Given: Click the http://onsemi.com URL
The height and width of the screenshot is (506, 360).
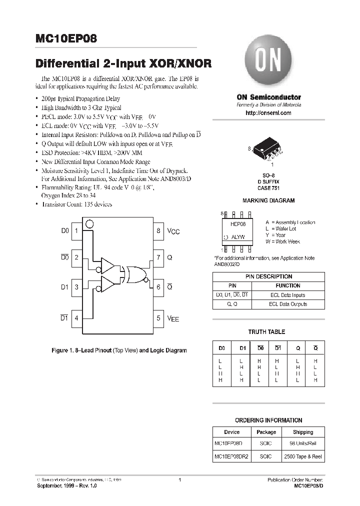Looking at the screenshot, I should point(268,113).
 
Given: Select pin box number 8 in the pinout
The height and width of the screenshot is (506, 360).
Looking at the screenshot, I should point(158,231).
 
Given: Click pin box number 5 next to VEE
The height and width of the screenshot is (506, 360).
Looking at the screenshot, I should point(158,318).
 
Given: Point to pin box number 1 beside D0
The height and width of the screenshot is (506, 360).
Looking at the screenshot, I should point(76,231).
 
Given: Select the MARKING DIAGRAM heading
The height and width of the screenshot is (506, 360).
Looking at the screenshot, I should point(268,200).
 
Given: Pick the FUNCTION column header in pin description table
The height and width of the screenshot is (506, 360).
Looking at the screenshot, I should point(288,285).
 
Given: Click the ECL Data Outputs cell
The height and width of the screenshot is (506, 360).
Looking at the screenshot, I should point(288,304).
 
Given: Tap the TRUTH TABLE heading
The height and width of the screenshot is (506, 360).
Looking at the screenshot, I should point(267,332).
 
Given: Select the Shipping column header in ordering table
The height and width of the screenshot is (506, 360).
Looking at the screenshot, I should point(303,432).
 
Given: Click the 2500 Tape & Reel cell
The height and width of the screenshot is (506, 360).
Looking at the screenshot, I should point(303,456).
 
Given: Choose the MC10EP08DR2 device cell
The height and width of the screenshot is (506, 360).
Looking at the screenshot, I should point(232,456).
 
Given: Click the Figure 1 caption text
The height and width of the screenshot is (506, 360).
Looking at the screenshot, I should point(119,350).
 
